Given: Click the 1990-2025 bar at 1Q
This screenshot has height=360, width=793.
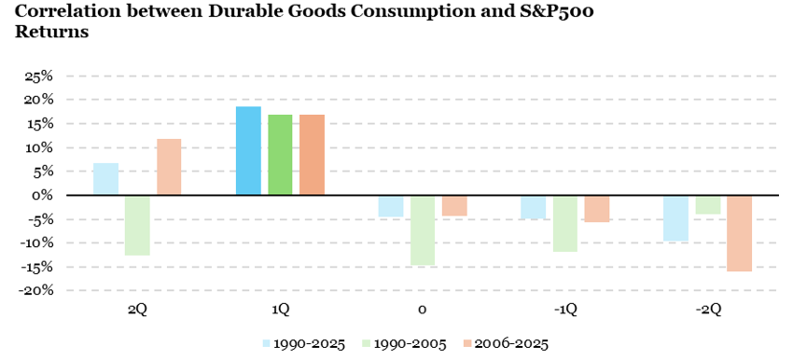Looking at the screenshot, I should click(x=248, y=151).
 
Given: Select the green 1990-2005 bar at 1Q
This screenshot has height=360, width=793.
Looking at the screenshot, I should click(x=280, y=155).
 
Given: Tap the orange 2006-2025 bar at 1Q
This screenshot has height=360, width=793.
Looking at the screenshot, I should click(x=312, y=155).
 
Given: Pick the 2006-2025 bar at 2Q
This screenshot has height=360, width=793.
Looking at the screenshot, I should click(x=169, y=167).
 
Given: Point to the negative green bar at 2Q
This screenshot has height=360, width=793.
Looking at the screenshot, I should click(x=137, y=225).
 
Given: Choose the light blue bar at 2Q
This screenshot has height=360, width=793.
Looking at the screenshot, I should click(x=105, y=179).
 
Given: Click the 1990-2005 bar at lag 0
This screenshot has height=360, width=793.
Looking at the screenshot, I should click(x=423, y=230).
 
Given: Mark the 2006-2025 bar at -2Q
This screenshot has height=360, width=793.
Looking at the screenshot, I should click(x=739, y=233).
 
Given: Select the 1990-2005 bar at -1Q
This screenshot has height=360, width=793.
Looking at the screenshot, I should click(x=564, y=224).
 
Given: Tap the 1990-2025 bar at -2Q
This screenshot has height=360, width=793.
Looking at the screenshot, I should click(x=675, y=218).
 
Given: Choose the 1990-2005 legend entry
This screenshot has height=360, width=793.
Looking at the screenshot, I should click(x=403, y=342).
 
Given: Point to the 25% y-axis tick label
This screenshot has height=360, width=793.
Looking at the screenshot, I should click(x=38, y=76).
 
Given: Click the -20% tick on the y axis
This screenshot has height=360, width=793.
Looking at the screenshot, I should click(x=36, y=291).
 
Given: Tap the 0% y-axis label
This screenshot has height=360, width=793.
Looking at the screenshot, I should click(x=43, y=196).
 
